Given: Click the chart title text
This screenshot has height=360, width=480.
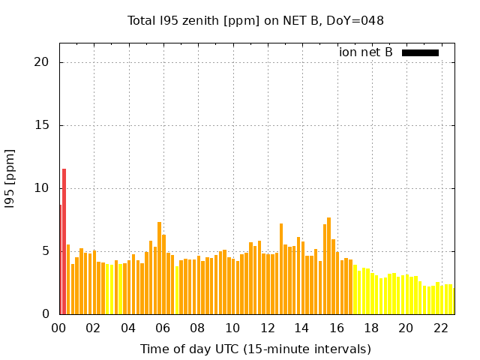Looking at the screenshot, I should pyautogui.click(x=255, y=20).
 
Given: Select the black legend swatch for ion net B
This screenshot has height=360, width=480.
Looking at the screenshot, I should pyautogui.click(x=420, y=52).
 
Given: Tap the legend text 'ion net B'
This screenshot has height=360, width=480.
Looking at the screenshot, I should pyautogui.click(x=366, y=52).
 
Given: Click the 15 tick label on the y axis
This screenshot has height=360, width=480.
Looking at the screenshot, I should pyautogui.click(x=43, y=125).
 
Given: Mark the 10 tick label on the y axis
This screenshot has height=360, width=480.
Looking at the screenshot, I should pyautogui.click(x=43, y=188).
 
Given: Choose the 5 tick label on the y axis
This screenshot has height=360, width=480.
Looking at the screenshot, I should pyautogui.click(x=46, y=251).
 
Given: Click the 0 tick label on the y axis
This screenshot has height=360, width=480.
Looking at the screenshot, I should pyautogui.click(x=46, y=314).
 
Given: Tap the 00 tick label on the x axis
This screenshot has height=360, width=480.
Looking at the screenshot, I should pyautogui.click(x=58, y=328).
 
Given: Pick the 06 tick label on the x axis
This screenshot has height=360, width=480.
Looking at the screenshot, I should pyautogui.click(x=163, y=328).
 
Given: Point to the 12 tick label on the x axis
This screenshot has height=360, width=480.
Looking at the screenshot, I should pyautogui.click(x=267, y=328).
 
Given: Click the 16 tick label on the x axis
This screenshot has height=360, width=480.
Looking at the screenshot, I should pyautogui.click(x=337, y=328).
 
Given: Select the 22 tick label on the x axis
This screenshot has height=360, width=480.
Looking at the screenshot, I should pyautogui.click(x=441, y=328).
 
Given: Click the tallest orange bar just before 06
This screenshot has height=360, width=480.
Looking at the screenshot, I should pyautogui.click(x=159, y=268).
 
